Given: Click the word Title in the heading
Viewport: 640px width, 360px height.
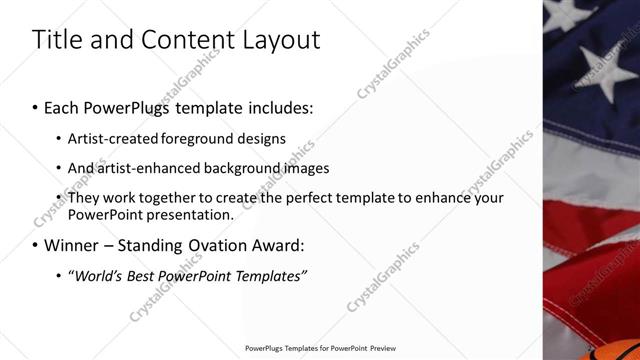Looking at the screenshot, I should (57, 40).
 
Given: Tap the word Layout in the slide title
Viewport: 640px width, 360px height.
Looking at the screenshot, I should (279, 40).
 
